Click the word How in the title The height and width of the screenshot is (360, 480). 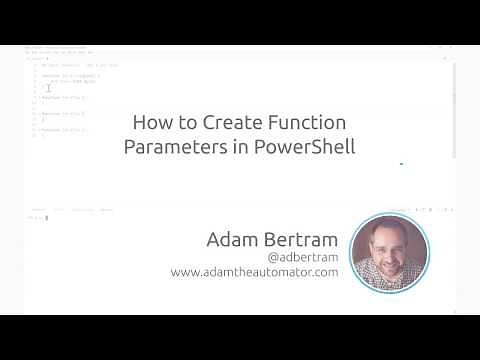click(151, 124)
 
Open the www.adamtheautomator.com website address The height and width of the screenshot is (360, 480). click(254, 272)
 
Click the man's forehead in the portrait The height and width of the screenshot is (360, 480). click(388, 233)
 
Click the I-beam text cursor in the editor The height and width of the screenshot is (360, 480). click(48, 89)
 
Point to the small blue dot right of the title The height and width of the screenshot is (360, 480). click(401, 163)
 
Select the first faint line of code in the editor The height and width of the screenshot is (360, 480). click(80, 65)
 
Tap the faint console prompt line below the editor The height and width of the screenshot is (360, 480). click(40, 217)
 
